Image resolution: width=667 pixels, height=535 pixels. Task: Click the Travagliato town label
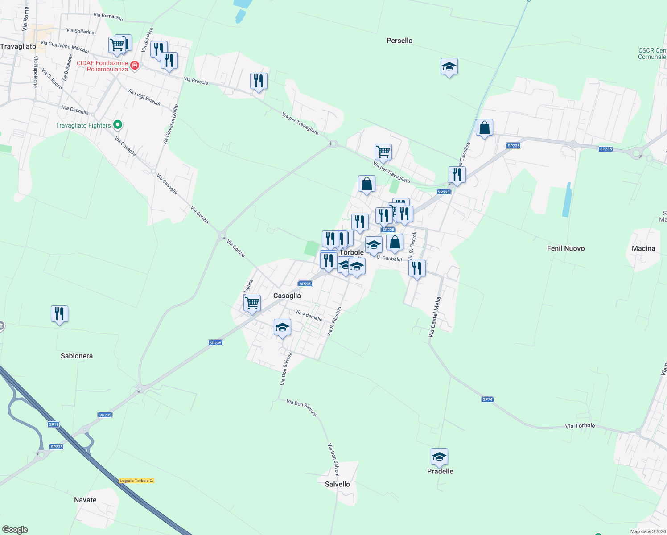18,46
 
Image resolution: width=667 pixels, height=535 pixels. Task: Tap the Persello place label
399,41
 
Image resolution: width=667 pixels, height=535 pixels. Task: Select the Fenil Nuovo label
565,248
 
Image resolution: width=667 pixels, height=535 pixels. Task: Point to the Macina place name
643,248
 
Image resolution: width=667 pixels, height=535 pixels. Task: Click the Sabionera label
77,356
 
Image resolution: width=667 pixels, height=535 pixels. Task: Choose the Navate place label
85,500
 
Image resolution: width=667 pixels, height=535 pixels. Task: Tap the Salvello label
337,484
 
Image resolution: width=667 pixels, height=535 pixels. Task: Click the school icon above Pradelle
439,457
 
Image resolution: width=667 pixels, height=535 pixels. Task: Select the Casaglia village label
287,296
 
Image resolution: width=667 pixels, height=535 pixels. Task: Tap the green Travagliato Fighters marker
118,125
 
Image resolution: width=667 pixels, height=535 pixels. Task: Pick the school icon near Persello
449,67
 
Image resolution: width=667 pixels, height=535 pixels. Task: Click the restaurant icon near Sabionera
59,314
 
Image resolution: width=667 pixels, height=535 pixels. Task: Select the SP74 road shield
487,399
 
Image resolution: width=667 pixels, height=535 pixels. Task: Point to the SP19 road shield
54,424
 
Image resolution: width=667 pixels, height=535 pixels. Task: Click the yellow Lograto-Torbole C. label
136,481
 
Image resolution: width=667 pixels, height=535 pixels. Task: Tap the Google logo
15,530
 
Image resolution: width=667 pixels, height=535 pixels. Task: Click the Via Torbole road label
580,426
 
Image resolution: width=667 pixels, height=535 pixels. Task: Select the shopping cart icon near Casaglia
252,303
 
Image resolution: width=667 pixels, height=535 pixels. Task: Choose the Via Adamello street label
309,316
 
